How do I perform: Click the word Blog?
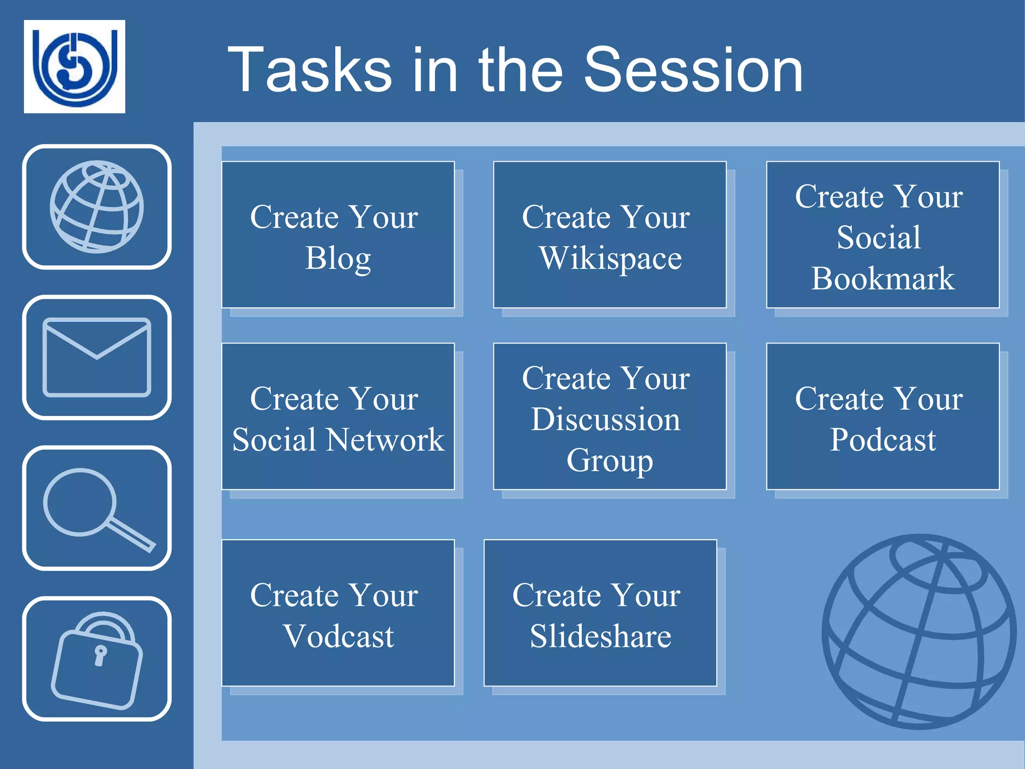coord(338,258)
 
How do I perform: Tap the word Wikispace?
coord(610,258)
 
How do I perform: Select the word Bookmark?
coord(883,278)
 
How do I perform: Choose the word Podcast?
coord(883,440)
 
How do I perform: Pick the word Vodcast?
coord(338,636)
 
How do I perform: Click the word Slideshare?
coord(600,636)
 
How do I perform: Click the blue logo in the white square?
coord(75,67)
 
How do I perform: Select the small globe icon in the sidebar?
coord(97,207)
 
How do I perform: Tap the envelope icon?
coord(97,357)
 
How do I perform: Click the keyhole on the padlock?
coord(101,655)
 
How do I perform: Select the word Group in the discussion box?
coord(610,460)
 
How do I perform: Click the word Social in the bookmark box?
coord(878,237)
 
